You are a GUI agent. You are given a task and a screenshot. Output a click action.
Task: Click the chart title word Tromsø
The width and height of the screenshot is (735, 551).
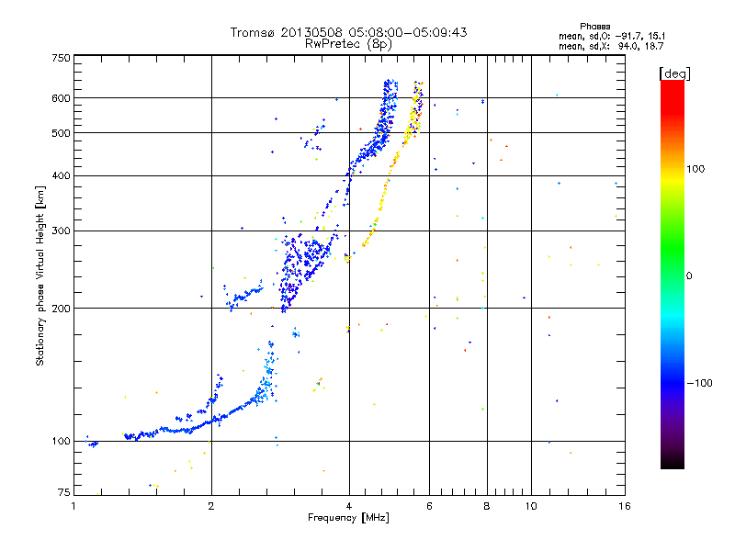point(254,32)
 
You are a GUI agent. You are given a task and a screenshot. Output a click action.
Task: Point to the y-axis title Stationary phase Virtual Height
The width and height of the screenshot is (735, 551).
point(40,275)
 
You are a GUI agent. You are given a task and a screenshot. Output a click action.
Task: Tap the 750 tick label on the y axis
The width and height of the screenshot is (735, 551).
point(61,58)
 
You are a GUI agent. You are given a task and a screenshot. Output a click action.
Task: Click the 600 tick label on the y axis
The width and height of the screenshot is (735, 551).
point(61,98)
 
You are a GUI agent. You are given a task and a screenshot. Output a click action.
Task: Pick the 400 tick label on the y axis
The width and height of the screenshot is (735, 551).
point(61,175)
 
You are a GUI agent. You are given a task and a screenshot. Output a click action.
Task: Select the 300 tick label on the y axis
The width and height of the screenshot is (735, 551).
point(61,231)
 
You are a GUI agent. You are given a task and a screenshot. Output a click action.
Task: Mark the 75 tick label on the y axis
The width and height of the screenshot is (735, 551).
point(63,494)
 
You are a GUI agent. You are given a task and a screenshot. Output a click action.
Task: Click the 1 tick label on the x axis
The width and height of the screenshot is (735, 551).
point(73,506)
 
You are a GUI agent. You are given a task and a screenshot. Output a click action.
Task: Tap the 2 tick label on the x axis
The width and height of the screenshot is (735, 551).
point(211,506)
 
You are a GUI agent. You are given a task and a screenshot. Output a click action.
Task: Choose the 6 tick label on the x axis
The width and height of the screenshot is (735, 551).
point(429,506)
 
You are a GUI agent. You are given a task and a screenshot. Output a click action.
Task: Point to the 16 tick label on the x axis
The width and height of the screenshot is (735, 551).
point(623,506)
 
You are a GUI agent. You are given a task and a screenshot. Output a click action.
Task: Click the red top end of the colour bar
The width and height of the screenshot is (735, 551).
point(672,85)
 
